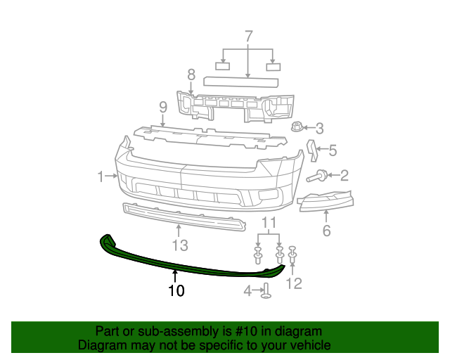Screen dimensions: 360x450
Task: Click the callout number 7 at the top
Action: tap(248, 36)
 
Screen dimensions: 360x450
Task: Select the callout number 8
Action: tap(191, 74)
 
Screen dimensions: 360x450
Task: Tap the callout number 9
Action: tap(162, 107)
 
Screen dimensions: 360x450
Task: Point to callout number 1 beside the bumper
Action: tap(101, 176)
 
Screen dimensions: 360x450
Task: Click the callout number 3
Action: tap(319, 128)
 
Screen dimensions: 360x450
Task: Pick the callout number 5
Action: tap(333, 150)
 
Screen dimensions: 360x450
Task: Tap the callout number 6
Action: tap(326, 231)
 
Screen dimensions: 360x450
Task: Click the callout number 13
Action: tap(180, 245)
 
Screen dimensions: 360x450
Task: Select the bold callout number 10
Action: tap(176, 290)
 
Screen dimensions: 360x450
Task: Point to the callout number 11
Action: tap(269, 224)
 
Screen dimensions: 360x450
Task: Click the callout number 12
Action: tap(294, 283)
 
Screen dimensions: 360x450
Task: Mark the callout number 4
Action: tap(247, 290)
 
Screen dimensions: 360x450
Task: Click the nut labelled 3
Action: tap(296, 127)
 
